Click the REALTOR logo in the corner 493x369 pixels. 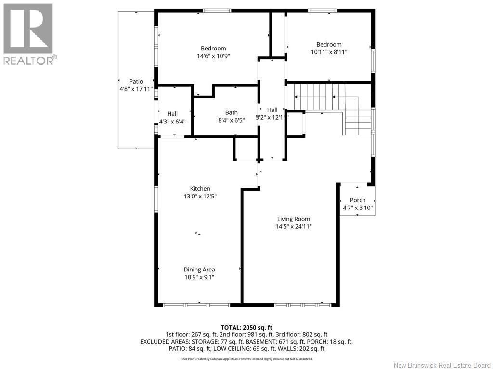(x=28, y=34)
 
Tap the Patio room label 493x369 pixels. (x=136, y=82)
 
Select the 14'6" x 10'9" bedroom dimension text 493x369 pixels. (x=213, y=56)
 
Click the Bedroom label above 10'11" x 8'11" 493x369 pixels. (x=329, y=45)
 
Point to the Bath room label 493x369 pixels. (x=231, y=113)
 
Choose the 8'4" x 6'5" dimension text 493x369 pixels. (x=231, y=121)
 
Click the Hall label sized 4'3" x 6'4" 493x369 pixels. (x=172, y=114)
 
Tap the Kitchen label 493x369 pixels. (x=200, y=189)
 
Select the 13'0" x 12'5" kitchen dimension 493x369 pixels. (x=200, y=197)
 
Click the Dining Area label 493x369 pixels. (x=199, y=270)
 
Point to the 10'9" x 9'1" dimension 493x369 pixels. (x=199, y=277)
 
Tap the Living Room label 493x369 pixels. (x=294, y=219)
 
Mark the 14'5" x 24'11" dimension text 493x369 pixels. (x=294, y=227)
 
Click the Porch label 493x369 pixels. (x=358, y=200)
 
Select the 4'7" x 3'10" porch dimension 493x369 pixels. (x=358, y=208)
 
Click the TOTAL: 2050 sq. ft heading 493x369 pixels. (x=246, y=327)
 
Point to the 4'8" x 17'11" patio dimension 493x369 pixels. (x=136, y=89)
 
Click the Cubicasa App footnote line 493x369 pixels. (x=246, y=359)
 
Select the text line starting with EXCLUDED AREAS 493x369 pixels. (x=246, y=342)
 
